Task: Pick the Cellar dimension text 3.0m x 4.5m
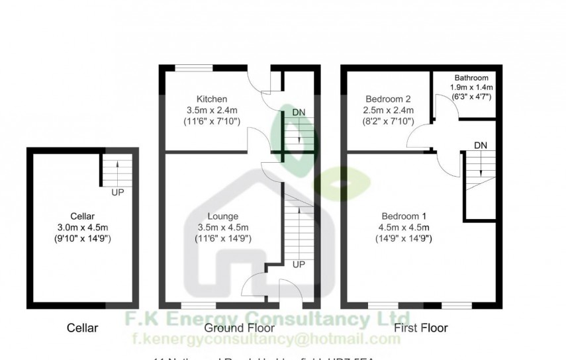click(84, 227)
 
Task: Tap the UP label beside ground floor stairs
click(298, 264)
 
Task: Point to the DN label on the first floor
click(481, 145)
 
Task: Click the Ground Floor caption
click(230, 328)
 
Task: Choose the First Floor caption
click(420, 328)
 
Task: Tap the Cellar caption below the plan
click(83, 328)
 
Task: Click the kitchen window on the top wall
click(194, 66)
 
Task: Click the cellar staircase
click(117, 171)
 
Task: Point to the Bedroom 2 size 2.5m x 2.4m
click(389, 110)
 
